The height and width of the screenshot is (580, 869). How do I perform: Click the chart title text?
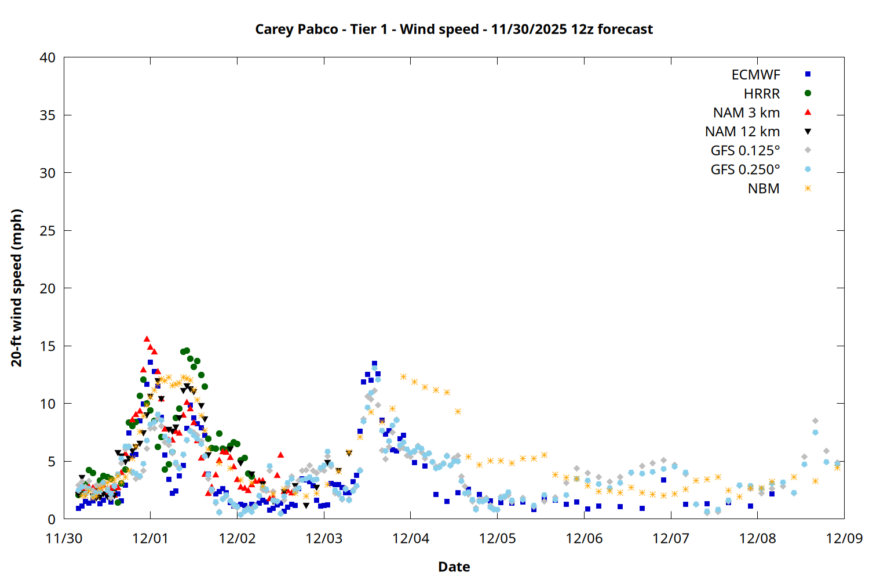454,29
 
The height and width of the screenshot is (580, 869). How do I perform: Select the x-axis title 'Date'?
454,567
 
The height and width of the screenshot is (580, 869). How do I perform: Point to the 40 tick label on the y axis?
48,57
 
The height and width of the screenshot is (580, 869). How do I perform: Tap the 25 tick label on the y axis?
48,231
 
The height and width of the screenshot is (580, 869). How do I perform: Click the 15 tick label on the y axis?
48,346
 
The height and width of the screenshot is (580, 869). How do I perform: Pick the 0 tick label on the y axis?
52,519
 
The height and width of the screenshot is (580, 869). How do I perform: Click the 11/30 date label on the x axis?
64,538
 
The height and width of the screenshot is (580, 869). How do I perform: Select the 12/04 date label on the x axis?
411,538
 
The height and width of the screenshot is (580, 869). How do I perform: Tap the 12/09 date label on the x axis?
844,538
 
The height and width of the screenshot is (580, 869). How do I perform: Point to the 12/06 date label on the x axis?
584,538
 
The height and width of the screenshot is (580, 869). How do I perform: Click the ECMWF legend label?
755,75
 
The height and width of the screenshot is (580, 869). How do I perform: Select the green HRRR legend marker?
808,93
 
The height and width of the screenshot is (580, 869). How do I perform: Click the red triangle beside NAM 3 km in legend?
808,113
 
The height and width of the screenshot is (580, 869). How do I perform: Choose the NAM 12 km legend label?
742,132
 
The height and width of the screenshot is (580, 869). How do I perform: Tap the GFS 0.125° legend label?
745,151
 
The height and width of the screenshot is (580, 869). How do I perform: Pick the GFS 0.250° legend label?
745,170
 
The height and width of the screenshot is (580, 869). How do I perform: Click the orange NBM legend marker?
808,188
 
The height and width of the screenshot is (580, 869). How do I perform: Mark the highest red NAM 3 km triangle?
147,339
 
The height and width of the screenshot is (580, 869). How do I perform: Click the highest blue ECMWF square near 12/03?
374,364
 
